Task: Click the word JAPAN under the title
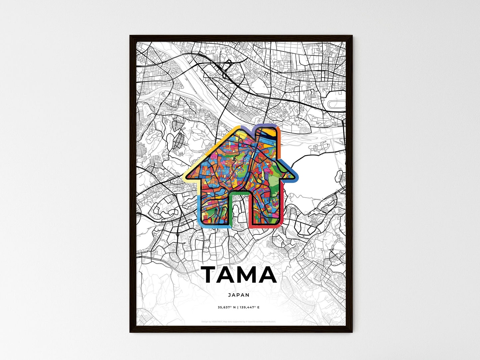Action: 239,295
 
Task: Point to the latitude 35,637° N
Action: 227,308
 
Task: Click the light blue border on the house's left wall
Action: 199,209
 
